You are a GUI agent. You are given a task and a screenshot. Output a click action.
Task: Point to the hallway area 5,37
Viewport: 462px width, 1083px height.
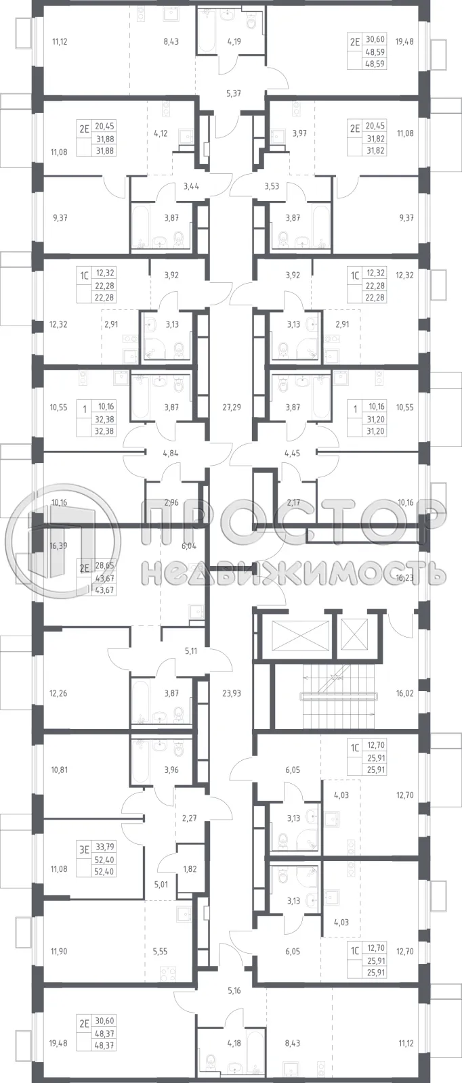click(x=233, y=93)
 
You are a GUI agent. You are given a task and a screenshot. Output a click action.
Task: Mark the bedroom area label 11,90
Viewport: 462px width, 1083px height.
click(x=60, y=951)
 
